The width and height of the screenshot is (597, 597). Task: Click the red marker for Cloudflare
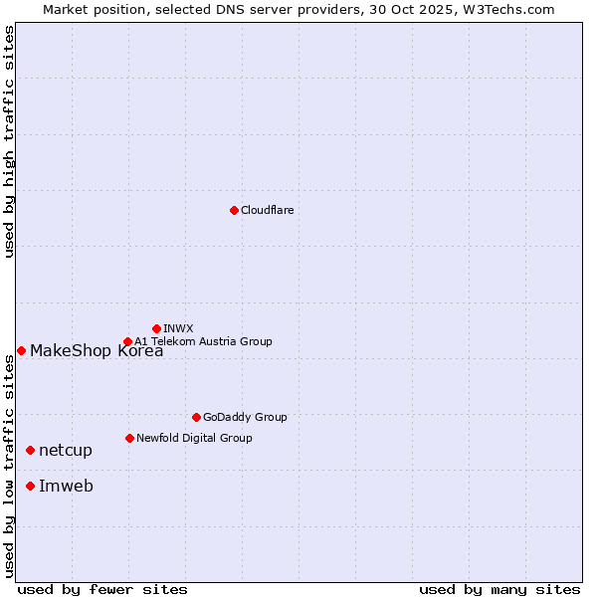[234, 210]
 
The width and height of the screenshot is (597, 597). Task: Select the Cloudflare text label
[267, 210]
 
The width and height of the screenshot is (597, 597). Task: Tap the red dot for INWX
[156, 328]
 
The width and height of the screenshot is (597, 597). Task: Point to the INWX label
[178, 328]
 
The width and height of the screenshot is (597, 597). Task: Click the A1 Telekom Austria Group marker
[127, 341]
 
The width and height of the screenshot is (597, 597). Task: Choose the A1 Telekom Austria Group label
[203, 341]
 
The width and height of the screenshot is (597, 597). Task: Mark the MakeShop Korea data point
[21, 350]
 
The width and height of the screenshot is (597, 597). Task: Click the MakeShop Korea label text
[97, 350]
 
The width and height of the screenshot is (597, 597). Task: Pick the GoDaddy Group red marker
[196, 417]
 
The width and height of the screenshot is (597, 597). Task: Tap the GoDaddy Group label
[245, 417]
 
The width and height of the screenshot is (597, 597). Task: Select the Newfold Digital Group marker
[129, 438]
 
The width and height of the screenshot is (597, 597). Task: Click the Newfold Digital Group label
[194, 438]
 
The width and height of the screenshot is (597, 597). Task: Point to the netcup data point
[30, 451]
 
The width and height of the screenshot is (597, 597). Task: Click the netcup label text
[66, 451]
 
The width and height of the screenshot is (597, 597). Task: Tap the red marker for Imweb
[30, 486]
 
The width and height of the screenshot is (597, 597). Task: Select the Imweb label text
[66, 486]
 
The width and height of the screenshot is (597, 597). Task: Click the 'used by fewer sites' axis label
[102, 589]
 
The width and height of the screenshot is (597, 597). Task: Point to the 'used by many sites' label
[499, 589]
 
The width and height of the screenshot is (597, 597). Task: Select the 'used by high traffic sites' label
[9, 141]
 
